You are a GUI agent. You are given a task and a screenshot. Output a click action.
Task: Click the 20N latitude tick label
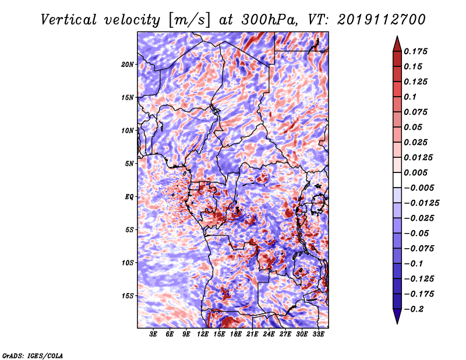pyautogui.click(x=128, y=65)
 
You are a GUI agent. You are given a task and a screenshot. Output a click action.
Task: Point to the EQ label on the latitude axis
pyautogui.click(x=129, y=197)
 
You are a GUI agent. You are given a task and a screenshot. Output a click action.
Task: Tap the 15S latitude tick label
pyautogui.click(x=128, y=296)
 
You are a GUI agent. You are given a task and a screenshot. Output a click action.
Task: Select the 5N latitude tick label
pyautogui.click(x=129, y=164)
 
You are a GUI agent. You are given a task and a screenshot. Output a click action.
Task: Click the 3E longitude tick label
pyautogui.click(x=153, y=334)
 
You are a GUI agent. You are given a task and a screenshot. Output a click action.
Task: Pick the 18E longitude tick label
pyautogui.click(x=236, y=334)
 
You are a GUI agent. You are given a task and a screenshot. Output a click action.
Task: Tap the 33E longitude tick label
pyautogui.click(x=318, y=334)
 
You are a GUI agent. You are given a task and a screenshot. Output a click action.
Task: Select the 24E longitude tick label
pyautogui.click(x=269, y=334)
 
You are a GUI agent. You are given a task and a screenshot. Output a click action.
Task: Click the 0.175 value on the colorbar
pyautogui.click(x=415, y=51)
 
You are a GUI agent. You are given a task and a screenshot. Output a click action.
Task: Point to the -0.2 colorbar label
pyautogui.click(x=414, y=309)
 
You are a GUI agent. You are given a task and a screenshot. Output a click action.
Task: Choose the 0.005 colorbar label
pyautogui.click(x=415, y=172)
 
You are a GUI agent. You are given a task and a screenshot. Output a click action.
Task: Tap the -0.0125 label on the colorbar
pyautogui.click(x=421, y=203)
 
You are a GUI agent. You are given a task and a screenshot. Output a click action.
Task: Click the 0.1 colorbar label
pyautogui.click(x=410, y=97)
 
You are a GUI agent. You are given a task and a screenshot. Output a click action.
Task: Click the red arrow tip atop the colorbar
pyautogui.click(x=397, y=36)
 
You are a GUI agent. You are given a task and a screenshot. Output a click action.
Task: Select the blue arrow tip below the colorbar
pyautogui.click(x=397, y=323)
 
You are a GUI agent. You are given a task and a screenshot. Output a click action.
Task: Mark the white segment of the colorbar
pyautogui.click(x=397, y=180)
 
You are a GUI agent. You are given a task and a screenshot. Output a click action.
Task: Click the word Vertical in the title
pyautogui.click(x=68, y=20)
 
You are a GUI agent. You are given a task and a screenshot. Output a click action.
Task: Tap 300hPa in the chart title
pyautogui.click(x=269, y=20)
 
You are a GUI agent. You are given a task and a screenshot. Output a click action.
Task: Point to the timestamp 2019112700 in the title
pyautogui.click(x=382, y=20)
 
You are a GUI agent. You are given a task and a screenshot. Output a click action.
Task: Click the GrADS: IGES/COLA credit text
pyautogui.click(x=33, y=356)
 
